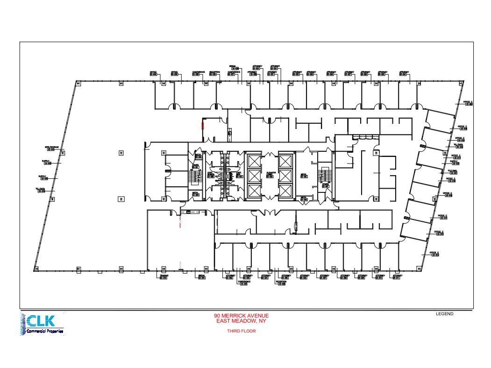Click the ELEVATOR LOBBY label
[270, 174]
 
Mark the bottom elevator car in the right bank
[285, 191]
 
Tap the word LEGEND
[444, 314]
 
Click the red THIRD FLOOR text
[241, 331]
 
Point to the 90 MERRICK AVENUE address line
[241, 316]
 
